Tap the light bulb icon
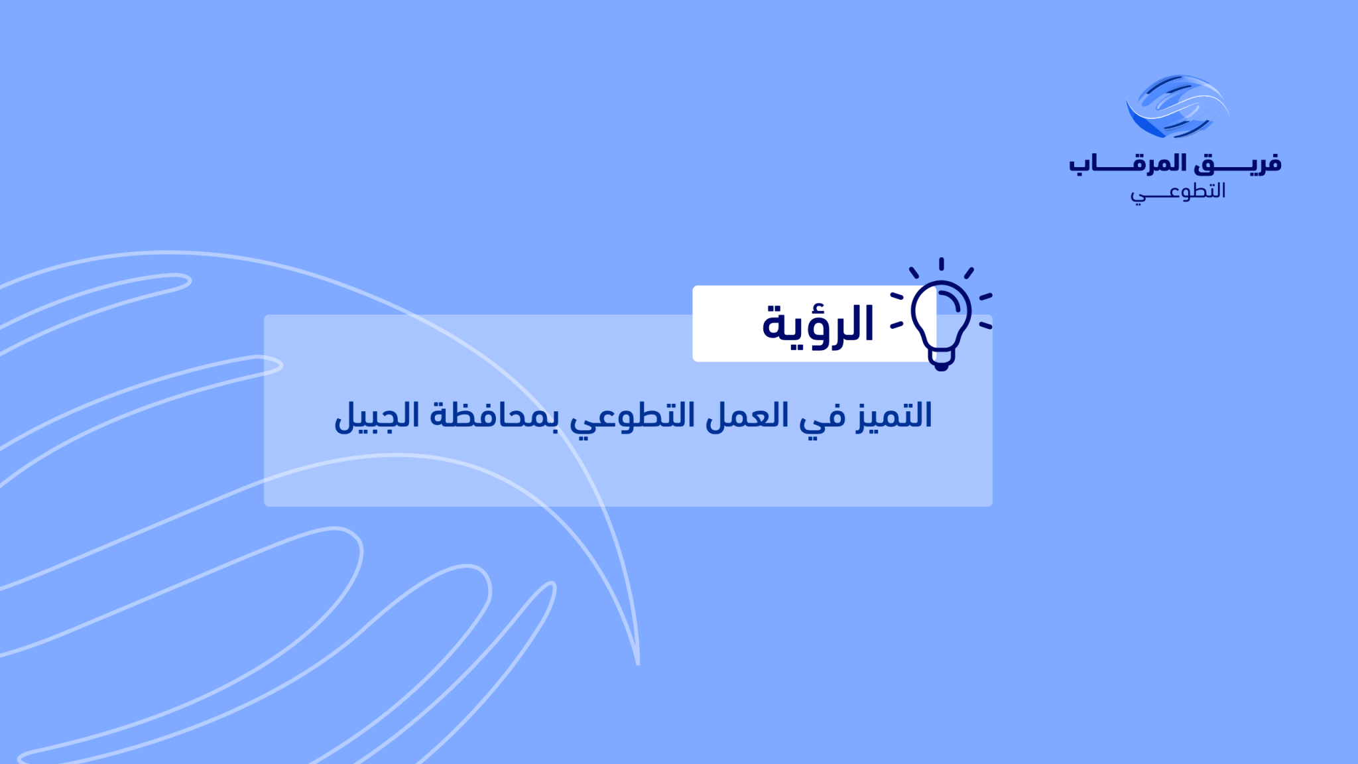pyautogui.click(x=941, y=314)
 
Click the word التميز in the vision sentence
pyautogui.click(x=894, y=416)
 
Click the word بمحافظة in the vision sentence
pyautogui.click(x=495, y=416)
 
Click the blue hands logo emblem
pyautogui.click(x=1177, y=106)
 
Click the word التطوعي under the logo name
pyautogui.click(x=1178, y=192)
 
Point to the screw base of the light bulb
pyautogui.click(x=941, y=359)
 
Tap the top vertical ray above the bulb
pyautogui.click(x=941, y=264)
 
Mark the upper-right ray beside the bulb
pyautogui.click(x=969, y=273)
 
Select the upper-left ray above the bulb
pyautogui.click(x=914, y=273)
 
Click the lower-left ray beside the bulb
pyautogui.click(x=896, y=326)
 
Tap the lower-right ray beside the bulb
pyautogui.click(x=986, y=326)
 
